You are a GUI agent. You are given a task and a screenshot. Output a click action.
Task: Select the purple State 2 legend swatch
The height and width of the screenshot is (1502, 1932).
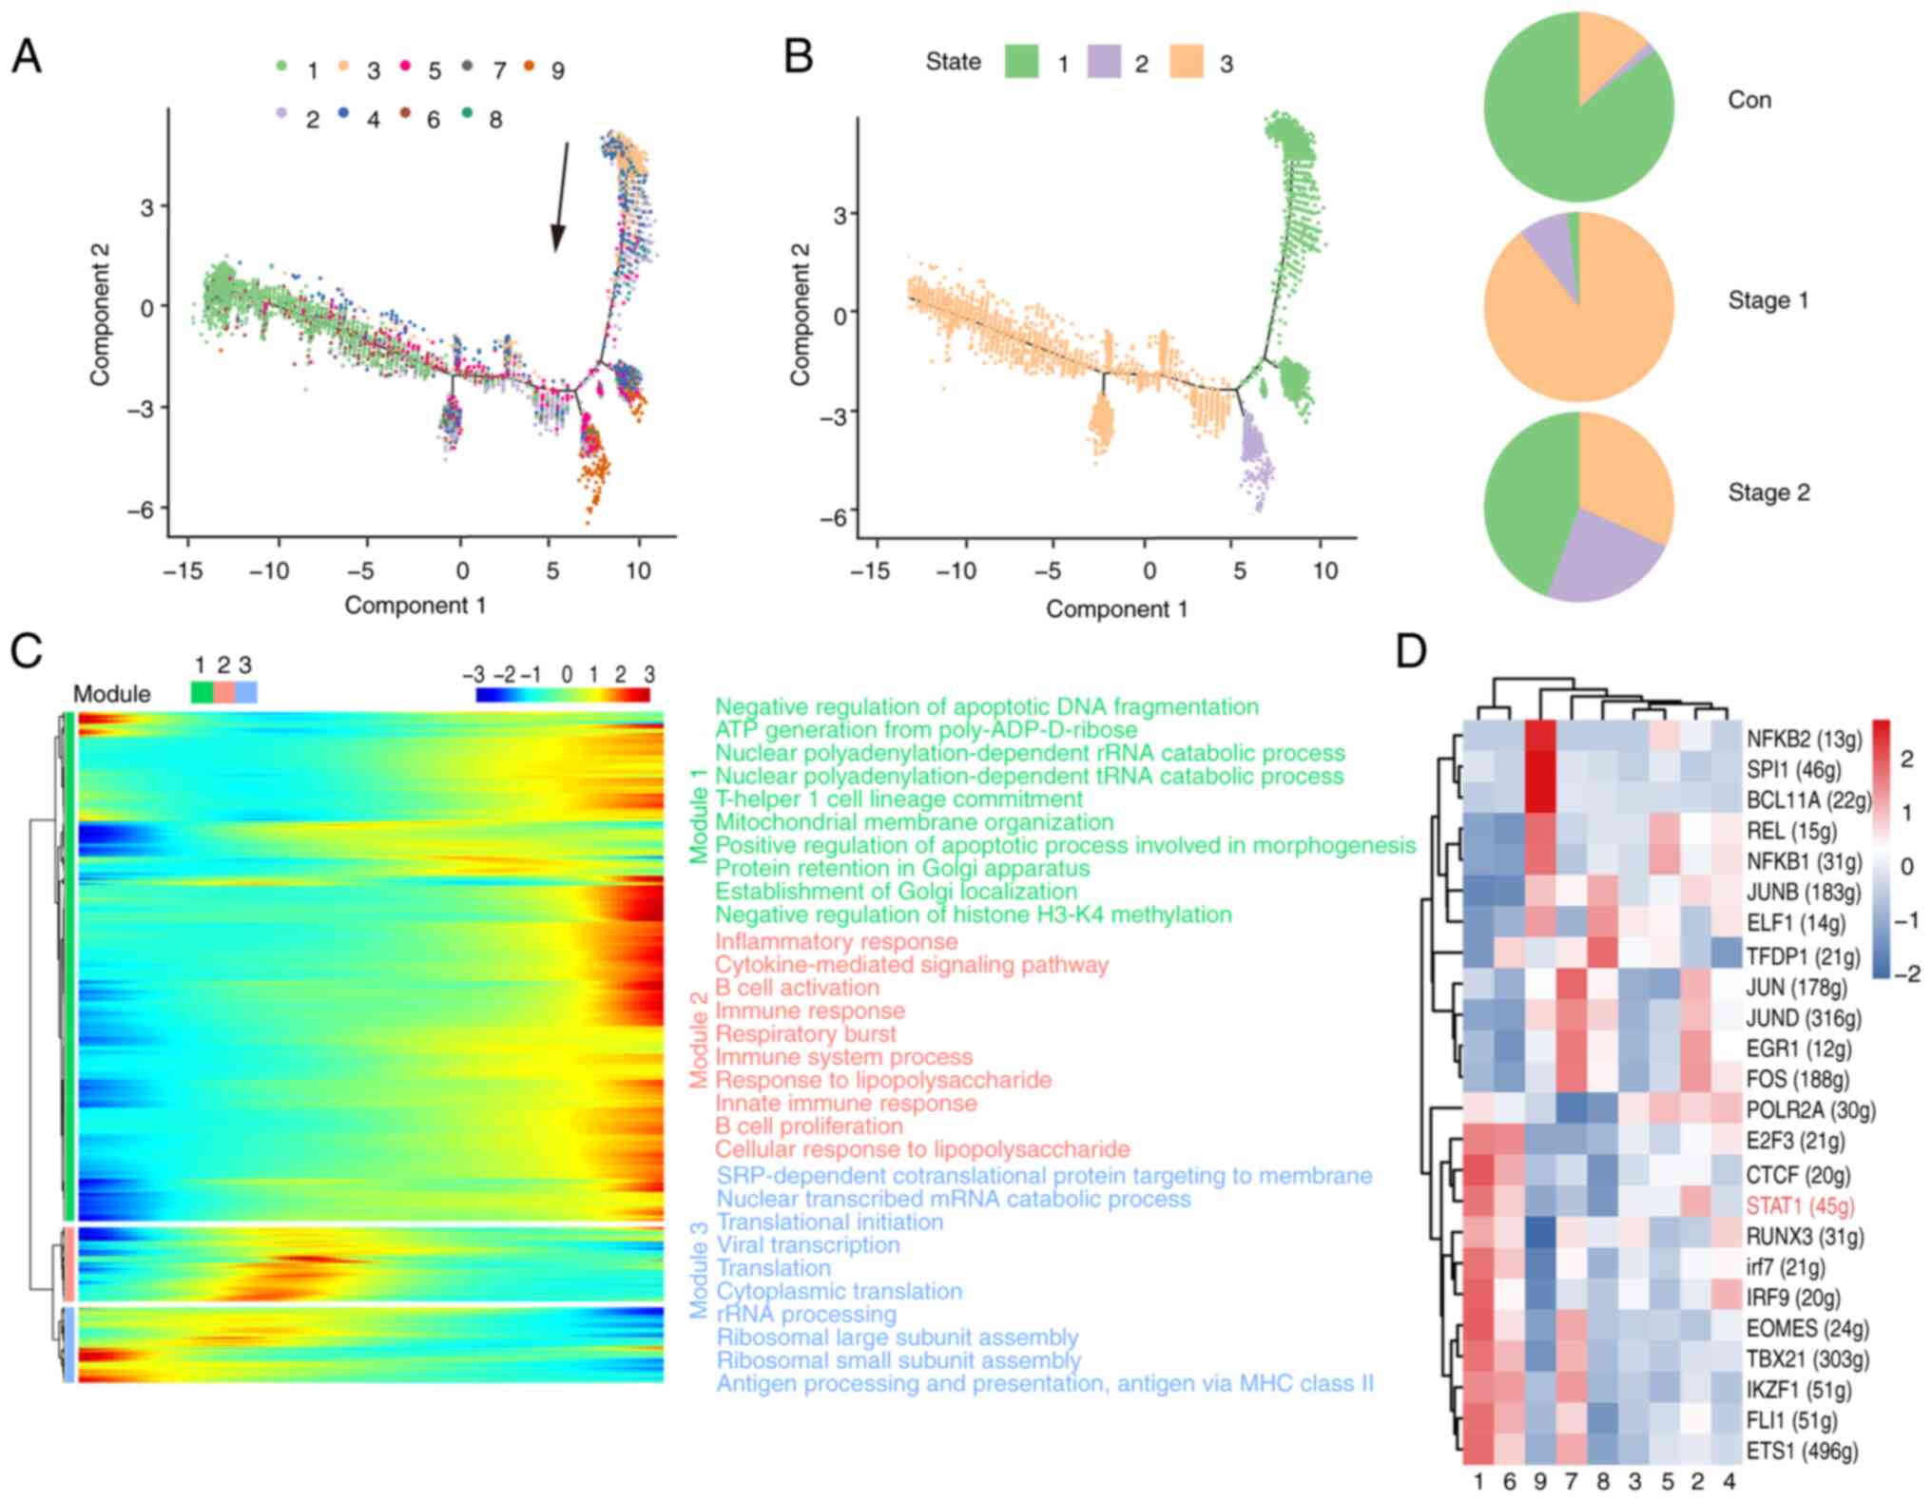pyautogui.click(x=1104, y=63)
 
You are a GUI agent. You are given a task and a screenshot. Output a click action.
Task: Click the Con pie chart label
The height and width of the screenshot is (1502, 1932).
pyautogui.click(x=1748, y=100)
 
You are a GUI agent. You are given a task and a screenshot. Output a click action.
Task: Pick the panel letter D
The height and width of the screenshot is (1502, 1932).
pyautogui.click(x=1411, y=652)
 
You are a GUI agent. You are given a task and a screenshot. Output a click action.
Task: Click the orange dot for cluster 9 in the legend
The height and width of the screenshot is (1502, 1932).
pyautogui.click(x=530, y=66)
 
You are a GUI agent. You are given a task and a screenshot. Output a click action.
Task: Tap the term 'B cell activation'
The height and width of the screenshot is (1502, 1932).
pyautogui.click(x=797, y=988)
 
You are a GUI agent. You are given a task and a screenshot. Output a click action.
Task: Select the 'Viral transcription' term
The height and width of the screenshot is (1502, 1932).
pyautogui.click(x=808, y=1245)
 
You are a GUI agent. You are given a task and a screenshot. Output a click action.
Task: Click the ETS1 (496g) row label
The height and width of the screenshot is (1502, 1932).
pyautogui.click(x=1802, y=1452)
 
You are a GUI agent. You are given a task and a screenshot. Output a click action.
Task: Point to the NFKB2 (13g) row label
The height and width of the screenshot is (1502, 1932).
pyautogui.click(x=1804, y=739)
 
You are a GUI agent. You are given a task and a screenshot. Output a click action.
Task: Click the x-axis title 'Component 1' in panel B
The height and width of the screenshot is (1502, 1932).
pyautogui.click(x=1116, y=609)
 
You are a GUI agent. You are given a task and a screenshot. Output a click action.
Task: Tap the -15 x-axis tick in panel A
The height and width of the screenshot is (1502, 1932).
pyautogui.click(x=183, y=570)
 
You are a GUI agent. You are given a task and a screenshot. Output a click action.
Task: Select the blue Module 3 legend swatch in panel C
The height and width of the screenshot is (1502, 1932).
pyautogui.click(x=246, y=692)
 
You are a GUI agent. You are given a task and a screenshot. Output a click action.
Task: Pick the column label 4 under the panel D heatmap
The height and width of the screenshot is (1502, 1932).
pyautogui.click(x=1729, y=1481)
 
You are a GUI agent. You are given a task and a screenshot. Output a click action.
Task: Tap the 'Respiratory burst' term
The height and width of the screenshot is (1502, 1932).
pyautogui.click(x=805, y=1034)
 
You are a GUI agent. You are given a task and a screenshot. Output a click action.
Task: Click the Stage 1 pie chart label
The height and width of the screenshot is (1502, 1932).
pyautogui.click(x=1768, y=300)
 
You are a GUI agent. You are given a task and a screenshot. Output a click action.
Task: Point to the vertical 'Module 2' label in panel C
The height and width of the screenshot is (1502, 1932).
pyautogui.click(x=699, y=1040)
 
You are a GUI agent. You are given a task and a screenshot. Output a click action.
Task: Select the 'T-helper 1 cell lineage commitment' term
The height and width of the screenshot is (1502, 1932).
pyautogui.click(x=898, y=799)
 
